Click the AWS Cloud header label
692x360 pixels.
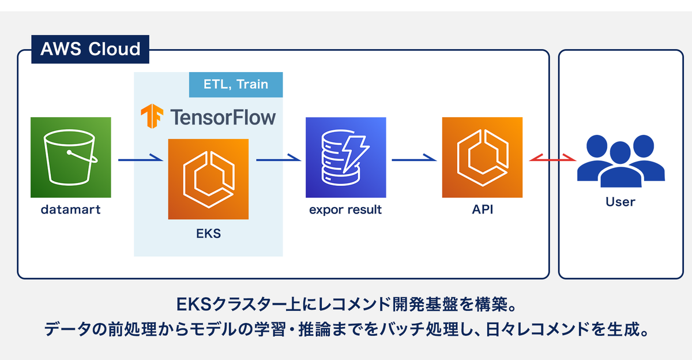point(90,49)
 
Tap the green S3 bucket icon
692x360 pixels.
point(71,157)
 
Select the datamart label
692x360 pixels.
point(71,209)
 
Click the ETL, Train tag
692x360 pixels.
point(236,84)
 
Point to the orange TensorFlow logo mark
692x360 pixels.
point(152,116)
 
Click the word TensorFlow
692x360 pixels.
point(223,118)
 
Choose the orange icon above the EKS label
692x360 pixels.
point(208,179)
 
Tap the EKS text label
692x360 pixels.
point(209,234)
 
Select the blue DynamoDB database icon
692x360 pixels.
point(346,157)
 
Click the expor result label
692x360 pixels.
point(345,209)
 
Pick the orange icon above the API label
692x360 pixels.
point(482,157)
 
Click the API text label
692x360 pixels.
point(483,209)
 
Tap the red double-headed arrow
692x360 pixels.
point(552,159)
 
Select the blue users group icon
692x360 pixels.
point(621,161)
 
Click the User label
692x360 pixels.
point(620,202)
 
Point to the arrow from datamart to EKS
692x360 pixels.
point(141,159)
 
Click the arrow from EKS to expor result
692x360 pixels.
point(279,159)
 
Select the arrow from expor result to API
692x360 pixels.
point(414,159)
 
